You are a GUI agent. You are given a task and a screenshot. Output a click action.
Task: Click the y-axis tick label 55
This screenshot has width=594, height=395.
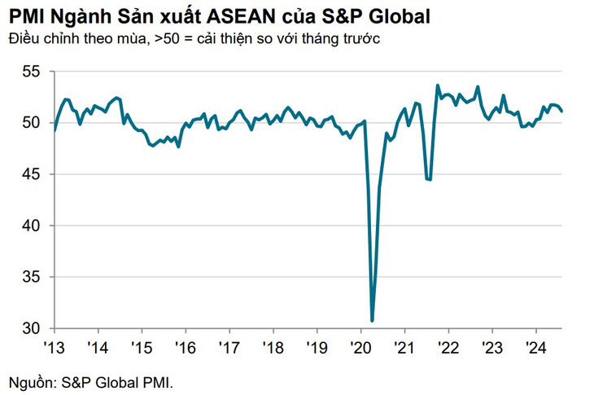(x=31, y=72)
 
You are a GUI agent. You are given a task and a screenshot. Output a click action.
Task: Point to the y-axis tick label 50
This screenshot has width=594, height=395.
(x=31, y=123)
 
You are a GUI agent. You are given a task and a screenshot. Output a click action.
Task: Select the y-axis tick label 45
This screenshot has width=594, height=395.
(x=31, y=174)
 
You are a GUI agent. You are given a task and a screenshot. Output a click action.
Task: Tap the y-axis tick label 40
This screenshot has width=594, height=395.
(x=31, y=226)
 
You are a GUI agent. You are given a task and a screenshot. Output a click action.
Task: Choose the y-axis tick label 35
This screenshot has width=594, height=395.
(x=31, y=277)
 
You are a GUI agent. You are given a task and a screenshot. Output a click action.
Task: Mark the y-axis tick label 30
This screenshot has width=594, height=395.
(x=31, y=328)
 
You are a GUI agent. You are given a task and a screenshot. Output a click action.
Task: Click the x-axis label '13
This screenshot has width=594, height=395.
(x=53, y=347)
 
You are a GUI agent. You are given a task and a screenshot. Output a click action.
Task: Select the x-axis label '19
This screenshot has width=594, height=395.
(x=317, y=347)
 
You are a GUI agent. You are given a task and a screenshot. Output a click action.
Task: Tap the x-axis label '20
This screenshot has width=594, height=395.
(x=360, y=347)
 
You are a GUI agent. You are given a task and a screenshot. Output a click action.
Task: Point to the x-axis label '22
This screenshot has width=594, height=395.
(x=448, y=347)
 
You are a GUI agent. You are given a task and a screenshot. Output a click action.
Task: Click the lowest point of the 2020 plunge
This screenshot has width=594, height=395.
(x=372, y=321)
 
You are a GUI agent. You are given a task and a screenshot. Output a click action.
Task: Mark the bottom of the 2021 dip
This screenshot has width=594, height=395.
(x=429, y=180)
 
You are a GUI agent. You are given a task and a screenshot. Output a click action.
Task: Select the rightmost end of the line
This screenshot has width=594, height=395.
(x=562, y=111)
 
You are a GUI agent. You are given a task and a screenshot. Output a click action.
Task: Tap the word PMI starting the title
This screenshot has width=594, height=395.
(x=26, y=15)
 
